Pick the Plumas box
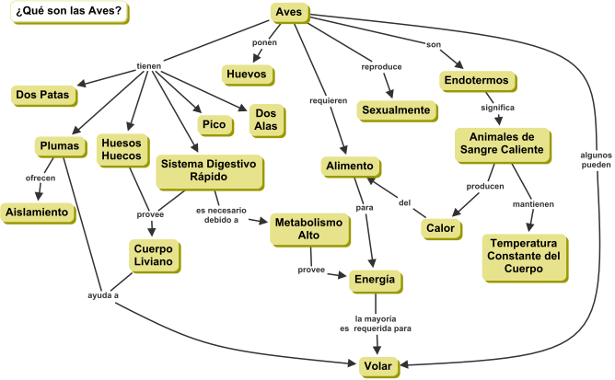click(60, 146)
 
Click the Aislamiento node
click(38, 212)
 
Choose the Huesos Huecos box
click(121, 149)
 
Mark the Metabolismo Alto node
click(307, 230)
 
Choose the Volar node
click(377, 366)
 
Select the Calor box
click(439, 227)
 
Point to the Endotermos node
click(476, 81)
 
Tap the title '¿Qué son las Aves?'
click(66, 12)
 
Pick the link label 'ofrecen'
click(41, 177)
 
